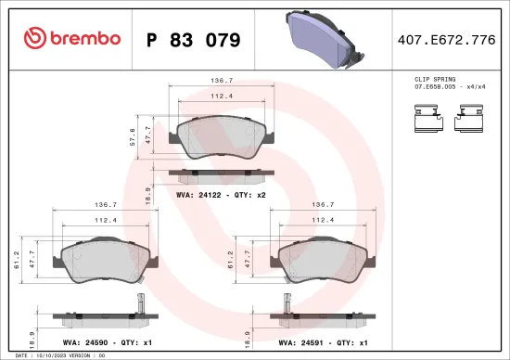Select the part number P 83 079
[194, 40]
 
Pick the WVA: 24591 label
[302, 341]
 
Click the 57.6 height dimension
[134, 136]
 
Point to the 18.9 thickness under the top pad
[149, 192]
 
